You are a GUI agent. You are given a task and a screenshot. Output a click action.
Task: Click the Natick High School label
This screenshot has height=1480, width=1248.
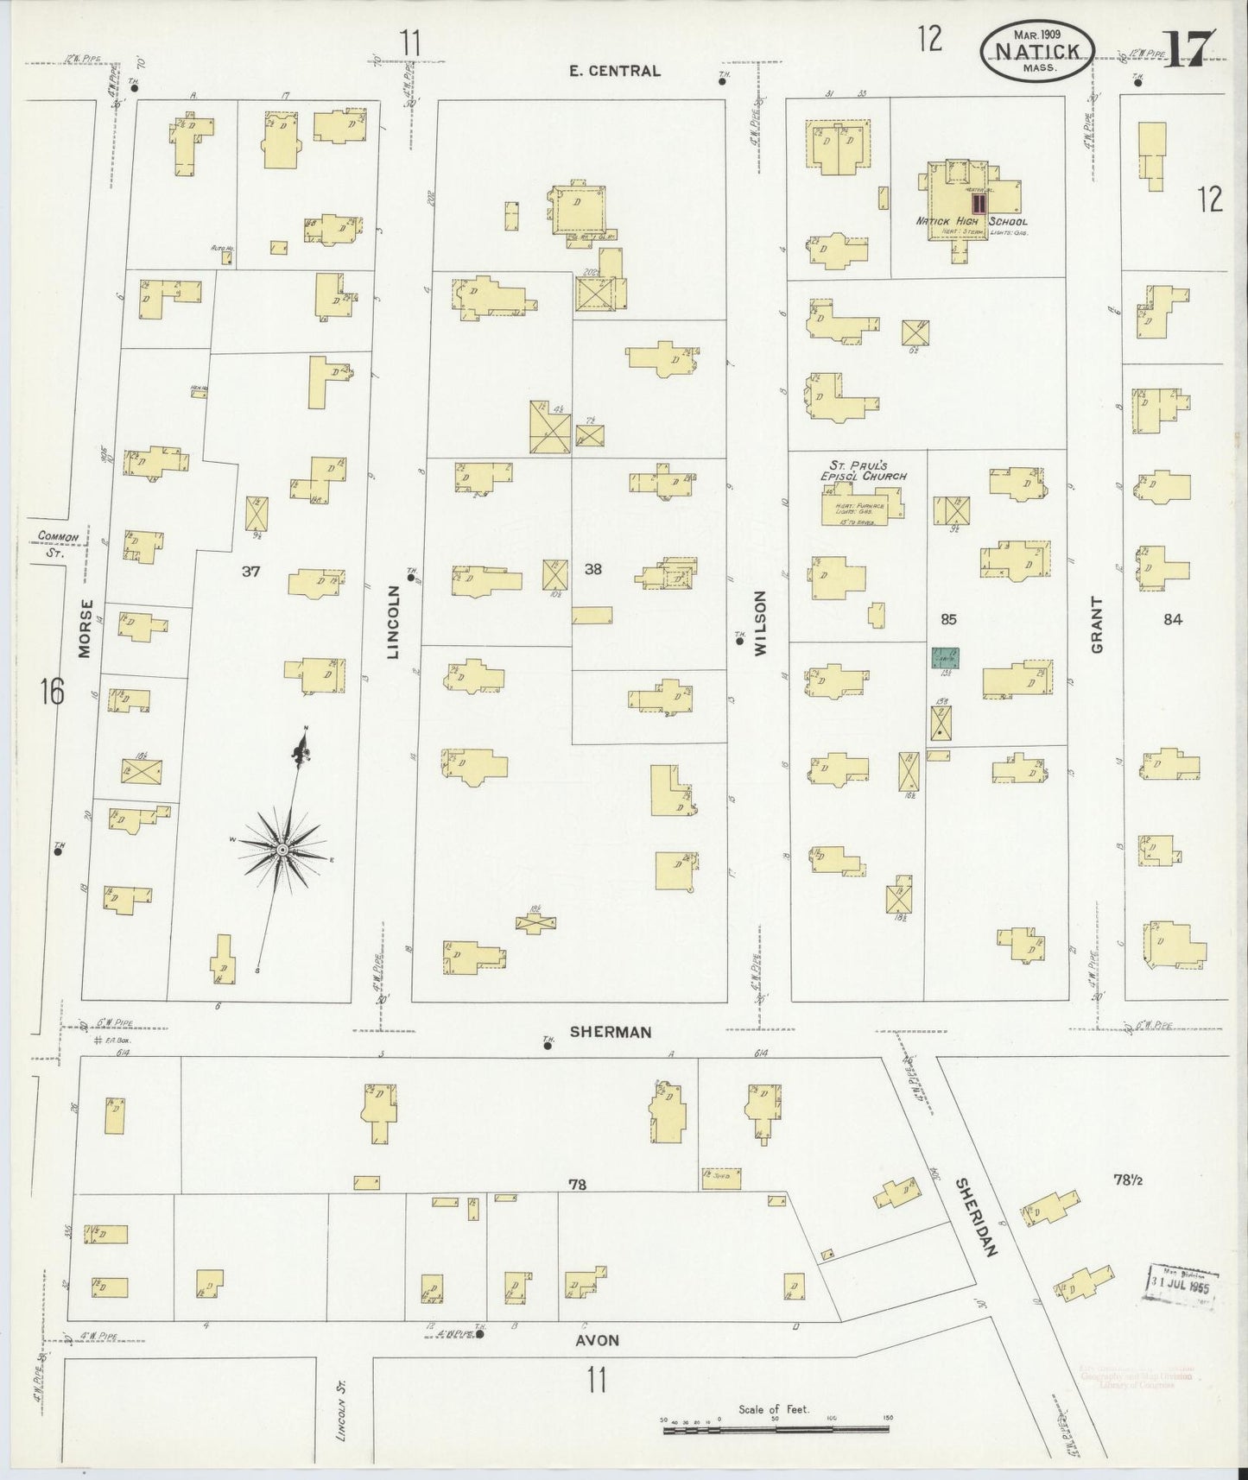coord(971,222)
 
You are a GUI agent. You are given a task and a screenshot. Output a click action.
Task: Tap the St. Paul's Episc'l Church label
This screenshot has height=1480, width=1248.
coord(862,471)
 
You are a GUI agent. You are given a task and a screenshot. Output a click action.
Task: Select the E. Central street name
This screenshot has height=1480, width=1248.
coord(615,71)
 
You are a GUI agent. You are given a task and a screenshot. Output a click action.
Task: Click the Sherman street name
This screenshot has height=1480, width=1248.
coord(611,1032)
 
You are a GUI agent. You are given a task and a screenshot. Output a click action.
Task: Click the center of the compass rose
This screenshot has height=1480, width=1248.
coord(282,851)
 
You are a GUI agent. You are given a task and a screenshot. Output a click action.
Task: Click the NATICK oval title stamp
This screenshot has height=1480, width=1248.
coord(1036,50)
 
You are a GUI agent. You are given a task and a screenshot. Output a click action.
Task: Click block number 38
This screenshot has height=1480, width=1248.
coord(592,569)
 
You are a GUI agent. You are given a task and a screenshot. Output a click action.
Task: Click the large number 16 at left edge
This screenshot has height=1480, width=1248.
coord(51,692)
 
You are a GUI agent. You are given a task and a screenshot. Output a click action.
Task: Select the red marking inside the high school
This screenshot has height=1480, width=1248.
coord(979,204)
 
